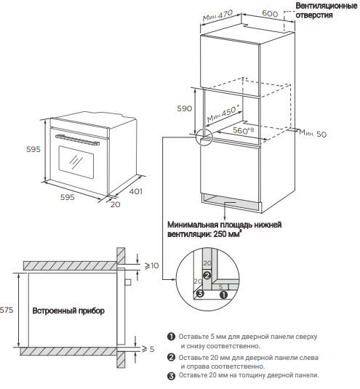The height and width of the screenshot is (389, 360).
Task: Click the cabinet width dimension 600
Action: click(270, 13)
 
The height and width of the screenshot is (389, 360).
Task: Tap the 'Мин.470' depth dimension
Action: click(218, 15)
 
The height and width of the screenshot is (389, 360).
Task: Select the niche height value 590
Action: click(184, 108)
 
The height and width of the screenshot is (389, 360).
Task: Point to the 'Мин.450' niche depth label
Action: click(223, 113)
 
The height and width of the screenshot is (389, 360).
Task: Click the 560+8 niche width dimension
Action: click(244, 130)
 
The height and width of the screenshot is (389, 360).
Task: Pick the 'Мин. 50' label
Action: click(313, 133)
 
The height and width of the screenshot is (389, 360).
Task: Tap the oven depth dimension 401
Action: click(136, 191)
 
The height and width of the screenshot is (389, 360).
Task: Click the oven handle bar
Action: click(78, 140)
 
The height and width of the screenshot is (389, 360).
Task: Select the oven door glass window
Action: click(76, 162)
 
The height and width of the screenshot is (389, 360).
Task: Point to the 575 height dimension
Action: click(7, 310)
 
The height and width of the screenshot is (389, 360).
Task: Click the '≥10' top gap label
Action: click(151, 265)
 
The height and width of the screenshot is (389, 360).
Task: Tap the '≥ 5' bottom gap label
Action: click(148, 349)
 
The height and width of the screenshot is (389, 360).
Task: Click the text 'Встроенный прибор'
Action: click(68, 310)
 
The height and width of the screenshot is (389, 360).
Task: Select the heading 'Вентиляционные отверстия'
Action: click(327, 10)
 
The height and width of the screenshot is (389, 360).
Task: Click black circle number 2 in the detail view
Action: click(207, 275)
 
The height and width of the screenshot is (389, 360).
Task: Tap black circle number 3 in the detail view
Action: click(200, 294)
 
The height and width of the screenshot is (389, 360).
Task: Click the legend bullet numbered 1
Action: click(171, 337)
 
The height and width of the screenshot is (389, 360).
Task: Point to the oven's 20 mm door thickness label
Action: click(115, 204)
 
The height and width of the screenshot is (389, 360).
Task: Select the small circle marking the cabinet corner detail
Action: click(204, 137)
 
